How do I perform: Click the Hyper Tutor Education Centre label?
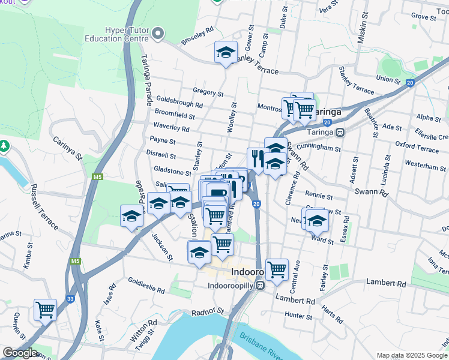click(116, 35)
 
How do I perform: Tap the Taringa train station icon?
click(340, 131)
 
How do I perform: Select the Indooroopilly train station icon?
click(259, 284)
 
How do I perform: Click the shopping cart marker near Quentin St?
click(46, 310)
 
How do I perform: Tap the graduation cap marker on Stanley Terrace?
click(226, 52)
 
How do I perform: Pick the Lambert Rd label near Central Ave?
click(295, 299)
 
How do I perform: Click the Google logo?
click(20, 352)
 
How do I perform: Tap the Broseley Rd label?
click(197, 35)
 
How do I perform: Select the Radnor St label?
click(208, 312)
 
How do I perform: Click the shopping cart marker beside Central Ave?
click(277, 270)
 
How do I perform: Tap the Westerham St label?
click(424, 163)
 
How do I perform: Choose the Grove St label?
click(423, 16)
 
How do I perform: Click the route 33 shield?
click(70, 299)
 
